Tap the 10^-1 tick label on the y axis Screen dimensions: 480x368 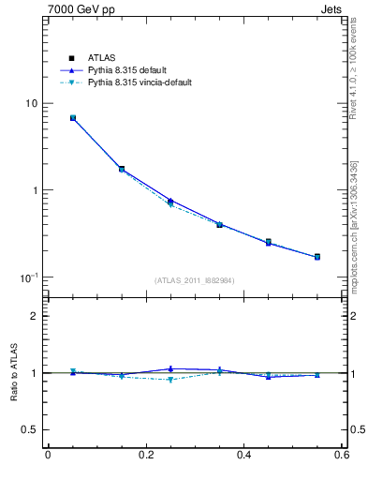point(30,278)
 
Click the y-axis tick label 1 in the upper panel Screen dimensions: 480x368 point(37,190)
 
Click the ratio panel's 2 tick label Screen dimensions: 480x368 point(37,316)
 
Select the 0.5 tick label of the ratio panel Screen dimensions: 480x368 point(33,429)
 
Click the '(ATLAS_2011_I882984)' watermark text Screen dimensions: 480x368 point(194,280)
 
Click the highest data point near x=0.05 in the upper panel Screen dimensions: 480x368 point(72,118)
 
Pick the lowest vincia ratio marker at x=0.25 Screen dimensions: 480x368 point(170,380)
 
